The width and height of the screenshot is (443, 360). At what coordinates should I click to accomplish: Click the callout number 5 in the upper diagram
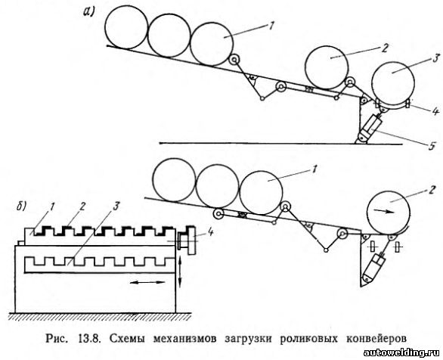point(431,147)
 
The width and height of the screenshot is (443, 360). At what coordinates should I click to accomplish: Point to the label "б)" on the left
point(21,206)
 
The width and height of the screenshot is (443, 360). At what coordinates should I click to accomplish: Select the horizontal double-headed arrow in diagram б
point(148,282)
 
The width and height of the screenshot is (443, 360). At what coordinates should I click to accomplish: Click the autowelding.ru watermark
point(402,352)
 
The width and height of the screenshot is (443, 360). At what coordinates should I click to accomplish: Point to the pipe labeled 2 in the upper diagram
point(327,68)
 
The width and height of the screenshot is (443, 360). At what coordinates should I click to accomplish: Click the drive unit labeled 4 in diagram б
point(187,241)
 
